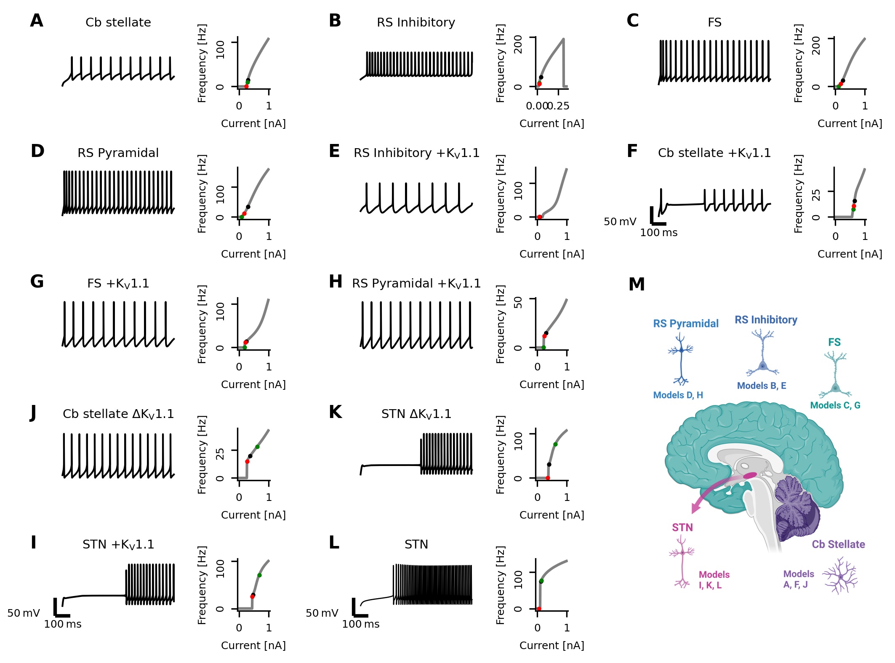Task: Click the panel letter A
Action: (37, 21)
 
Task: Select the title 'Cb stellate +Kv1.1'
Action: (714, 153)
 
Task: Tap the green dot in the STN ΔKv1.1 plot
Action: (555, 444)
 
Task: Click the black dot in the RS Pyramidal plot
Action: (248, 207)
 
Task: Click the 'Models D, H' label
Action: (678, 395)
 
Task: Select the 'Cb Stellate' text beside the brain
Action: (838, 544)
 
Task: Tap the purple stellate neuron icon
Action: (840, 576)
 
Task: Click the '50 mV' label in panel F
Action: (620, 221)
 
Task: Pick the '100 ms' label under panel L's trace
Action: (361, 624)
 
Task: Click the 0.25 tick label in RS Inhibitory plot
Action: (559, 106)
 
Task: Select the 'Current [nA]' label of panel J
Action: (253, 515)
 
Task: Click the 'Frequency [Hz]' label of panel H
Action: (500, 324)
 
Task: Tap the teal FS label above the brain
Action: (834, 342)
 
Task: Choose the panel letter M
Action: (636, 285)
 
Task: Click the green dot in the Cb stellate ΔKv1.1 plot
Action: (257, 447)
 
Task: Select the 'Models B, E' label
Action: (761, 386)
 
